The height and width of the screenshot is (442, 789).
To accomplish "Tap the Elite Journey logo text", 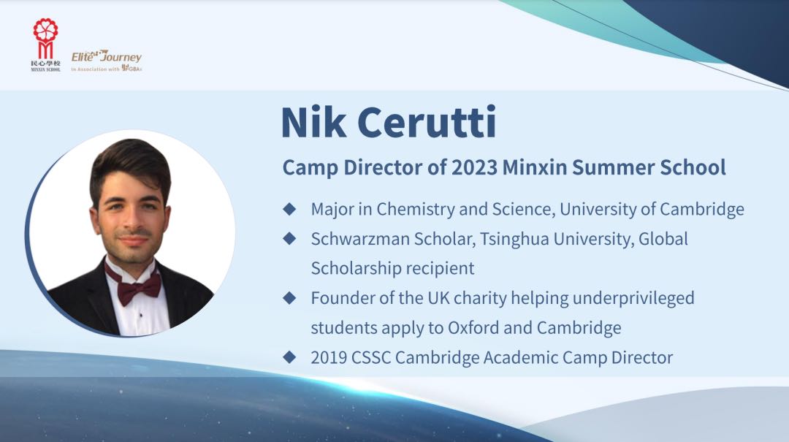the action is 106,56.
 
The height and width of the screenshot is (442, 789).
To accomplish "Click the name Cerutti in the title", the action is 427,122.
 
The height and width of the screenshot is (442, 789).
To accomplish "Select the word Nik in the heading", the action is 313,122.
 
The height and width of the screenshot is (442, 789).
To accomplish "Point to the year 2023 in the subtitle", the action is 474,167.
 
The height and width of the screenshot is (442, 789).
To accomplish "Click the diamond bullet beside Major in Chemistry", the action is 289,209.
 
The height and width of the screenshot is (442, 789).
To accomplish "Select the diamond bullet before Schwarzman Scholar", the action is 289,239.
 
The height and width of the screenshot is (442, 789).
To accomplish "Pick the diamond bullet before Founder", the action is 289,298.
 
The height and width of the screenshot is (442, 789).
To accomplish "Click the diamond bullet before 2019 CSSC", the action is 289,357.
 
